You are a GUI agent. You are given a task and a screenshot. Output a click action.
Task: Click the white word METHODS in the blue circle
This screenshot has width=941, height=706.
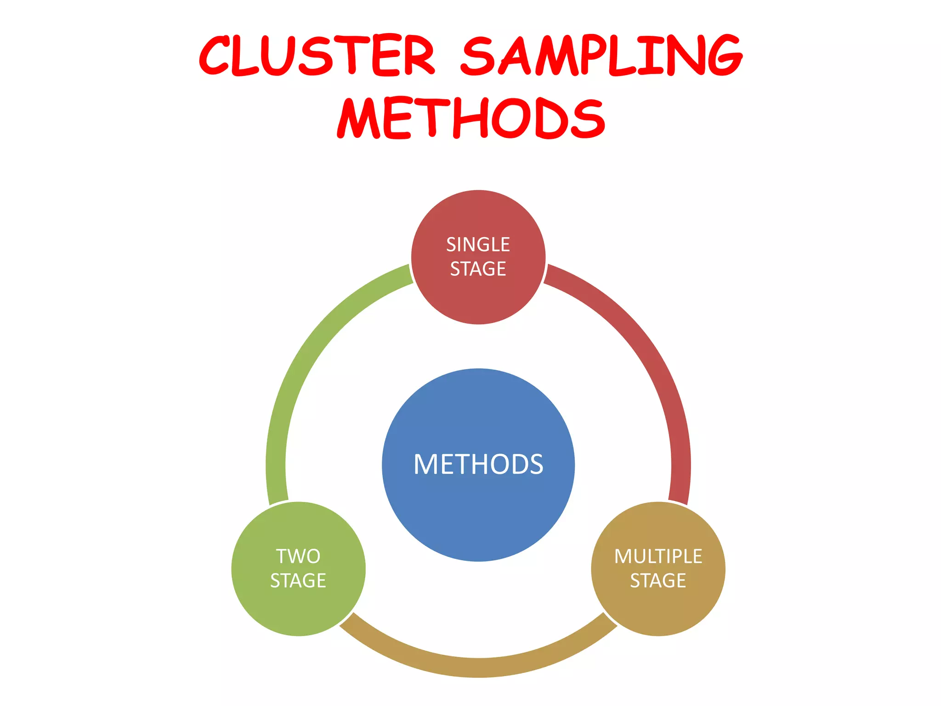[478, 464]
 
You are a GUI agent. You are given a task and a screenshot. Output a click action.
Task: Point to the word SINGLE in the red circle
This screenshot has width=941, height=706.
[478, 245]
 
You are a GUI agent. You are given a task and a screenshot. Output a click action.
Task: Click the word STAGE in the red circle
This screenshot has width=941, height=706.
[478, 269]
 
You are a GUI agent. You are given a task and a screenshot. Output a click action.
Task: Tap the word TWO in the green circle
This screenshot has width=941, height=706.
[298, 556]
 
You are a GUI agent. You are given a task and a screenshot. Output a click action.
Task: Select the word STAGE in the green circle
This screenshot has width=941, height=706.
[298, 581]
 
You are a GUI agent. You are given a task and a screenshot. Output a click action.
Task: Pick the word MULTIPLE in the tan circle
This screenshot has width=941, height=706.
[658, 556]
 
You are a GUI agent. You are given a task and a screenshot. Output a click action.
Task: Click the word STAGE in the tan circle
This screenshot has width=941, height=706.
[658, 581]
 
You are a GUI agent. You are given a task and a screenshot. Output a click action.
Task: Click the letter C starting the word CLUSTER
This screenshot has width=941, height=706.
[215, 56]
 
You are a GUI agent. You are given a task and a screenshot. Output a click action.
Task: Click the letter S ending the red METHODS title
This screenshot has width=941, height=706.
[586, 119]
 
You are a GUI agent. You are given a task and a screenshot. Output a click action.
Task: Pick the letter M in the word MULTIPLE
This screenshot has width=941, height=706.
[624, 556]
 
